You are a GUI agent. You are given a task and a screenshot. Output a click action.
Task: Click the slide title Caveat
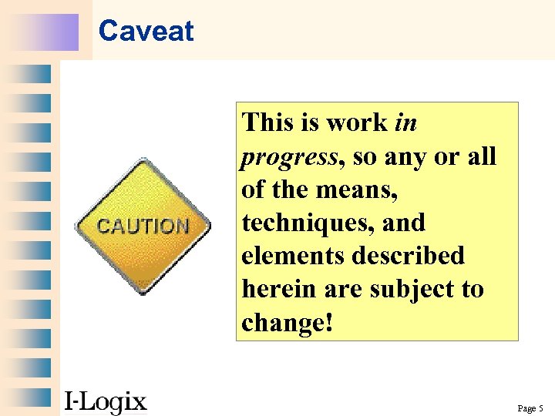(146, 32)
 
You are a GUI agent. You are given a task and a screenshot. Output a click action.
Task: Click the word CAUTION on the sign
(143, 226)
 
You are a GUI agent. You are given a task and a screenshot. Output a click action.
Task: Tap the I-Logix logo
(105, 401)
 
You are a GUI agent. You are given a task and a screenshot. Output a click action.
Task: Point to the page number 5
(541, 408)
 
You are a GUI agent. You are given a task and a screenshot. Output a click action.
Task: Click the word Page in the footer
(526, 408)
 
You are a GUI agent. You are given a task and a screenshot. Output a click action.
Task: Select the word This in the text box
(267, 122)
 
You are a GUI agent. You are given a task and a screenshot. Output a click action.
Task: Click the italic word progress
(289, 157)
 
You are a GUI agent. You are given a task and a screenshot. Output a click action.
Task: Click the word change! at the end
(287, 323)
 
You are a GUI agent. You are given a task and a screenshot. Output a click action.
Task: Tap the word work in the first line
(355, 122)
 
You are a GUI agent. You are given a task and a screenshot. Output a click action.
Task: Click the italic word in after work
(405, 122)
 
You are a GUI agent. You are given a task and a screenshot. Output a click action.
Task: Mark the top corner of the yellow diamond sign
(143, 159)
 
